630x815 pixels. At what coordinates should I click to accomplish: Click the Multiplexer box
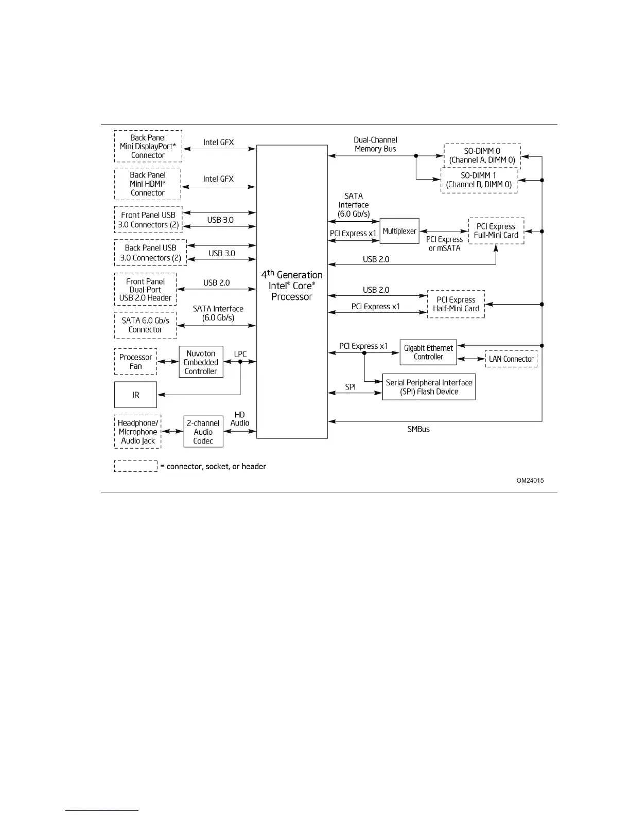point(399,231)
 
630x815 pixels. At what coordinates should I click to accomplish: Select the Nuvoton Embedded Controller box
point(201,362)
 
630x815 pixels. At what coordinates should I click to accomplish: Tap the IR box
point(135,395)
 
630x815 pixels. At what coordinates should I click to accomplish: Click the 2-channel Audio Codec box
point(203,432)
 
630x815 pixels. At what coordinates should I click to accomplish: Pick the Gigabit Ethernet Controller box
point(428,352)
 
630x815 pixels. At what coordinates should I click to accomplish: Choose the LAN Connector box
point(511,359)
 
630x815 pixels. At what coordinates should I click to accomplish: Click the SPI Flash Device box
point(429,387)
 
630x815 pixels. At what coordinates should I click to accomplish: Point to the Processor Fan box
point(135,362)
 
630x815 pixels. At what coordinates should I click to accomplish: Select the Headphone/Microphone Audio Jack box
point(137,432)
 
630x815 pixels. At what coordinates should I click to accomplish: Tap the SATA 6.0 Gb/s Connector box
point(145,325)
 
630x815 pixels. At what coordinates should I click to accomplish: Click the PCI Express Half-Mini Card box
point(456,304)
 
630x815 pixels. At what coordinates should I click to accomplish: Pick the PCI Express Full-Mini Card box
point(496,231)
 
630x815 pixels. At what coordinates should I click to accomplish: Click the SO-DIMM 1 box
point(479,180)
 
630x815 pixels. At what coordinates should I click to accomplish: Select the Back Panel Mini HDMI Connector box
point(148,184)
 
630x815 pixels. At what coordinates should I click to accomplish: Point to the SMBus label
point(418,429)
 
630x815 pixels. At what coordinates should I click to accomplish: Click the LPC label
point(240,354)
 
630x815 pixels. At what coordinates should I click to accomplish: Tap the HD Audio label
point(240,419)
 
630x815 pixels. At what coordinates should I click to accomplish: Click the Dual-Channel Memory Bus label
point(375,144)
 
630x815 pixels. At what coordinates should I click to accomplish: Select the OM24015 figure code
point(530,481)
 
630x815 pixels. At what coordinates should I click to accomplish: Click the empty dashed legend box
point(136,466)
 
